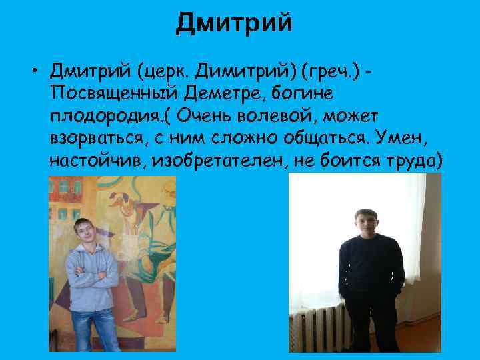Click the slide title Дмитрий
(x=234, y=25)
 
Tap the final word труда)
(x=411, y=160)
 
